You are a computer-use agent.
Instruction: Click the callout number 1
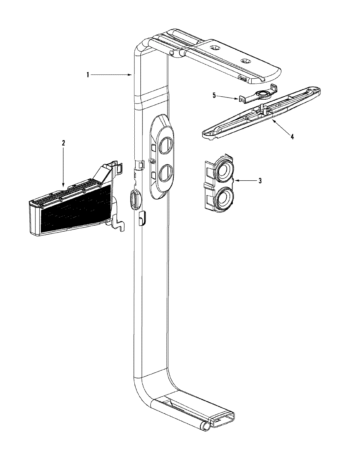coord(88,75)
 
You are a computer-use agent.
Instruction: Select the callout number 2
coord(63,143)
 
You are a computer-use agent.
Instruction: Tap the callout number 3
coord(260,181)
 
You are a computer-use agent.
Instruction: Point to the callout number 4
coord(292,137)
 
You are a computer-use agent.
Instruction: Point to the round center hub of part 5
coord(264,95)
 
